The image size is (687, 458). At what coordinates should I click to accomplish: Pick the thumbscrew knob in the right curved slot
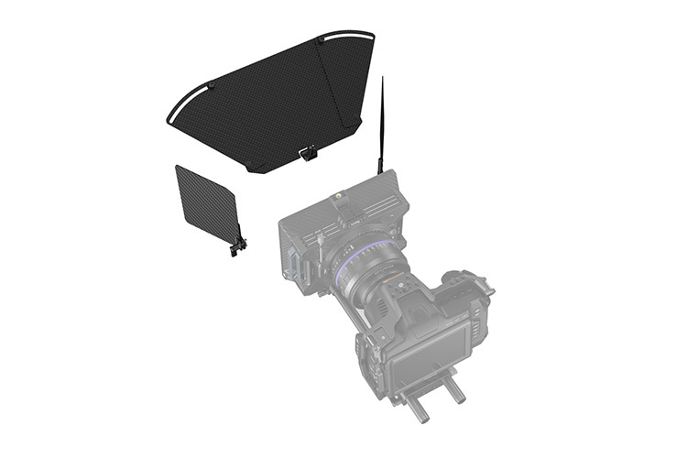click(x=320, y=39)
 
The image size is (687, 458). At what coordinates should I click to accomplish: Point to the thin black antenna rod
click(x=381, y=119)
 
